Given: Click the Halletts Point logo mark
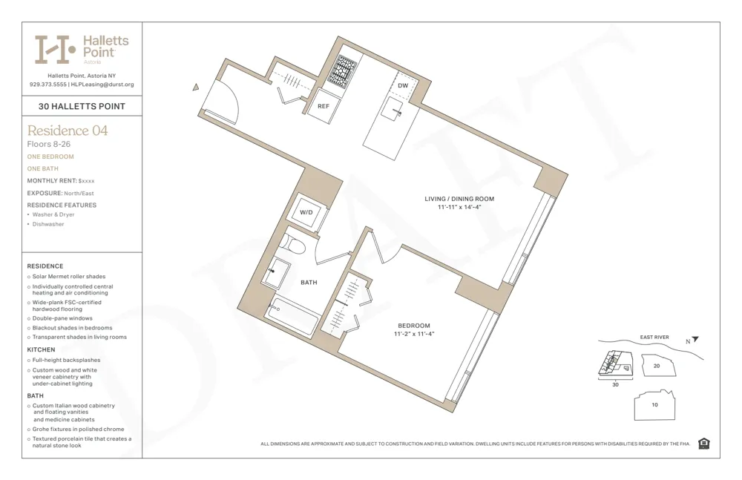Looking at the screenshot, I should [56, 50].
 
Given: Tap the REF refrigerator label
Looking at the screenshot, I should [324, 106].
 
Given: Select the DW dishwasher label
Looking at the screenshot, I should [403, 86].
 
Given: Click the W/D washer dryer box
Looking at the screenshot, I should [306, 212].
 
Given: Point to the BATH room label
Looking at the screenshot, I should [309, 283].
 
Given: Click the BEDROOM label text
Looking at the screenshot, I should [413, 326].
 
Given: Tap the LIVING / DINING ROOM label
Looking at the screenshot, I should [459, 199].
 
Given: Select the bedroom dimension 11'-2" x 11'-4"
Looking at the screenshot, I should [413, 335].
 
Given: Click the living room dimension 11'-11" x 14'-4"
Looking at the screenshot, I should [459, 208].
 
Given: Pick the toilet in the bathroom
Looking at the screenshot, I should [292, 246].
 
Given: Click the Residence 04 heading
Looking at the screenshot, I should [68, 131].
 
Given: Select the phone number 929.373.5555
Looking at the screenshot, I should [47, 85].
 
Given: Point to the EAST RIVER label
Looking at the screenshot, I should [654, 338].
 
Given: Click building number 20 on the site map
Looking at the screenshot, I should [656, 366].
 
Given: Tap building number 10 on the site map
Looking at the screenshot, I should [654, 405].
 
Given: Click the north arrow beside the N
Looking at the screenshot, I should [695, 340].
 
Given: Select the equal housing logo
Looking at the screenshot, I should [703, 444].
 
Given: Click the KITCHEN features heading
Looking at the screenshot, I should [42, 349].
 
